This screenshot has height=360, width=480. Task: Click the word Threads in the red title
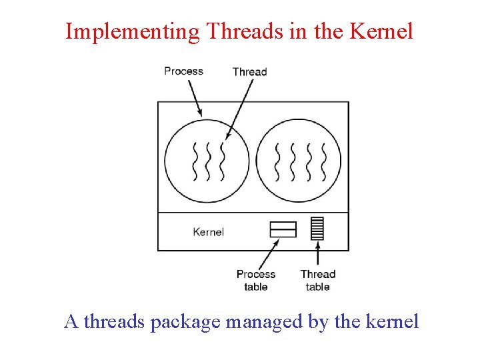click(x=238, y=31)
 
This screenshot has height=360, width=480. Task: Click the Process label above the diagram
click(x=183, y=71)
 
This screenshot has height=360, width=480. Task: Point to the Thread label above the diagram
click(x=249, y=72)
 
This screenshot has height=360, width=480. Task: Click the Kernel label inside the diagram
click(x=208, y=232)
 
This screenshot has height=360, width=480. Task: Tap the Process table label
click(x=255, y=280)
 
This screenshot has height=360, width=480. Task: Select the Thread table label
click(x=317, y=280)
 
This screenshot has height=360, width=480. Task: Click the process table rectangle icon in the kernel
click(x=283, y=229)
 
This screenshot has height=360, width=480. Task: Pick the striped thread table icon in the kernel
click(x=317, y=229)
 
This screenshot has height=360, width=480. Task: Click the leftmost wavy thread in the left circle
click(x=195, y=161)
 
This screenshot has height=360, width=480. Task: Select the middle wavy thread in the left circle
click(x=208, y=161)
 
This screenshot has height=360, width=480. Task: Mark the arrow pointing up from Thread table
click(x=317, y=254)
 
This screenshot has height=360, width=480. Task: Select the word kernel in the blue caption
click(x=393, y=322)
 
